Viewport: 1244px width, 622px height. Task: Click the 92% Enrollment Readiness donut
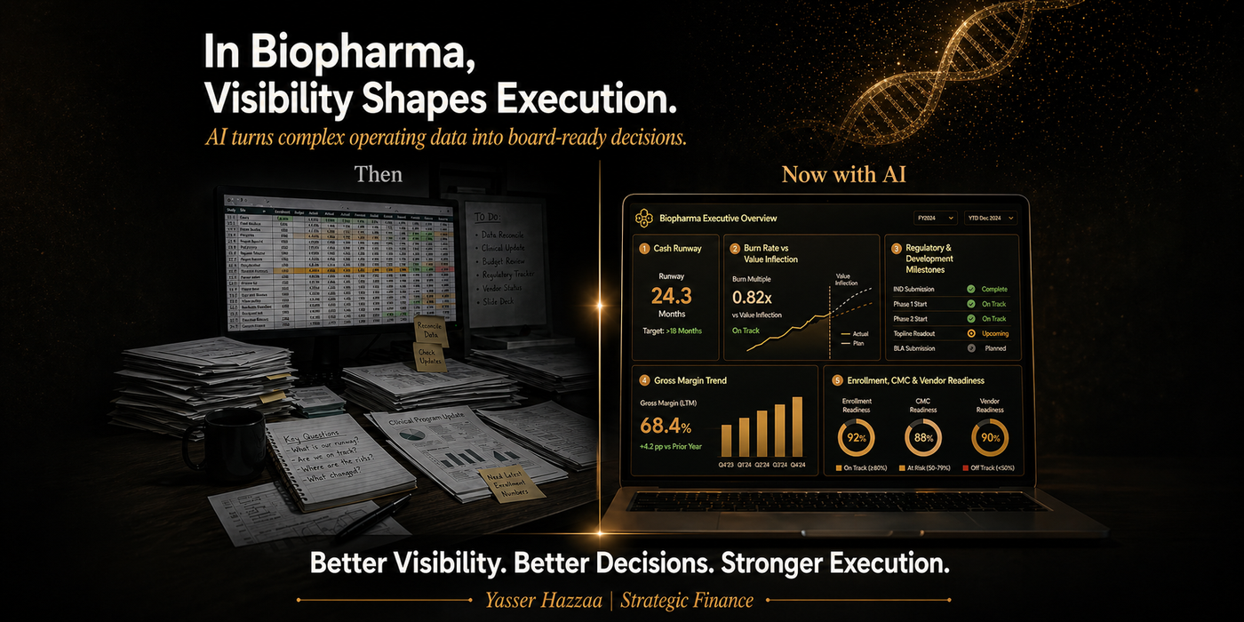[x=857, y=437]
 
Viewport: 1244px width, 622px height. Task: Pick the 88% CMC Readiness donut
[x=923, y=437]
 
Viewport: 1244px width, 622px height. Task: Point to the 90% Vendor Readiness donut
[x=990, y=437]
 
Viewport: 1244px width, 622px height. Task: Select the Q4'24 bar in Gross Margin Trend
[x=797, y=427]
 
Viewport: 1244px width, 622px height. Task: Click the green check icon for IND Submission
[x=971, y=290]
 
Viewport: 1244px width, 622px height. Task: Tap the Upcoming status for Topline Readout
[x=994, y=333]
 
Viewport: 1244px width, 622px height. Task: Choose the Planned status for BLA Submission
[x=994, y=348]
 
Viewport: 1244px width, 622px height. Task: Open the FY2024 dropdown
[x=936, y=218]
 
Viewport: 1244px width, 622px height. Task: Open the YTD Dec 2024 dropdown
[x=990, y=218]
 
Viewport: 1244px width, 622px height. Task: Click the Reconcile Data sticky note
[x=429, y=331]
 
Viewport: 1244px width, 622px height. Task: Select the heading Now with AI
[x=843, y=174]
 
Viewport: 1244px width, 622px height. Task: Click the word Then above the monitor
[x=379, y=173]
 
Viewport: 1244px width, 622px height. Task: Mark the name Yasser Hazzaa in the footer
[x=541, y=600]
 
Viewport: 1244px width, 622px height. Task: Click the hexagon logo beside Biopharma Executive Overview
[x=642, y=218]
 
